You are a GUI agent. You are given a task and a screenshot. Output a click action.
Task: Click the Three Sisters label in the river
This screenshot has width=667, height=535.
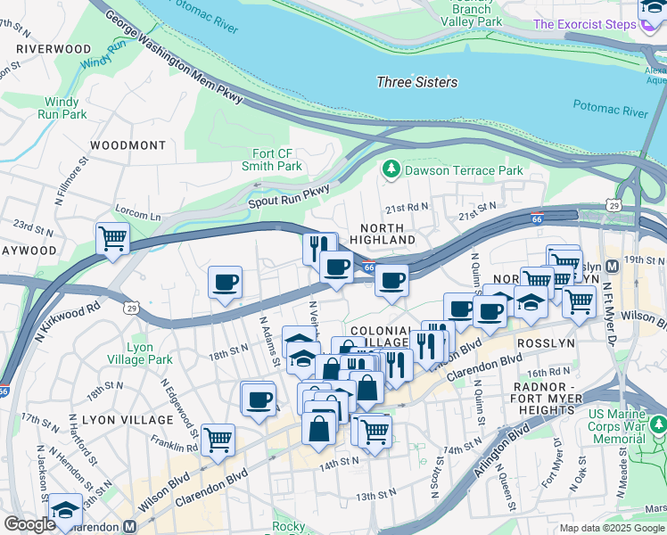click(416, 82)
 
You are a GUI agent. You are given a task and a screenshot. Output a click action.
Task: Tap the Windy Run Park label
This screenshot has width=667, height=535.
click(62, 108)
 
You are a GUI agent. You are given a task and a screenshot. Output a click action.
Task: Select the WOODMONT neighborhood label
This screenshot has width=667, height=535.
click(128, 144)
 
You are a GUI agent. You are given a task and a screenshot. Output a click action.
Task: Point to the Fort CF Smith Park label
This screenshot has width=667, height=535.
click(272, 159)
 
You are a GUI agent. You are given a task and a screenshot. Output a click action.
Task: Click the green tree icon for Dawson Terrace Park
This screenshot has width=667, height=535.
click(390, 169)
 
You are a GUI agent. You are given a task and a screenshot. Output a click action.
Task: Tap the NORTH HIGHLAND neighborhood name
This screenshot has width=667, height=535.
click(382, 235)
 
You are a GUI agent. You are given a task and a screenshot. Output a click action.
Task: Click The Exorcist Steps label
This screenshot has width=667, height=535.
click(585, 24)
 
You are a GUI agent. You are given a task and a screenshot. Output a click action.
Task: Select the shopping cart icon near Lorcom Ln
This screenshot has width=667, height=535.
click(112, 238)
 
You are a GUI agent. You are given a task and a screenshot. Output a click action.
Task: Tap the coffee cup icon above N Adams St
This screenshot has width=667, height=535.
click(225, 283)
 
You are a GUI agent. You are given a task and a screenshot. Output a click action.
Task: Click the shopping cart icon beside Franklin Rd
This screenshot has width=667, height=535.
click(218, 439)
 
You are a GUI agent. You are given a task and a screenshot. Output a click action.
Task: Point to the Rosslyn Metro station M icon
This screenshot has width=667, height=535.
click(613, 266)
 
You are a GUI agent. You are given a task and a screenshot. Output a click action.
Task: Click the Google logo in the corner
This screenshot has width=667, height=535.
click(30, 524)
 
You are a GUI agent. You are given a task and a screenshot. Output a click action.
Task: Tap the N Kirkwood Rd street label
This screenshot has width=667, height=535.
click(68, 323)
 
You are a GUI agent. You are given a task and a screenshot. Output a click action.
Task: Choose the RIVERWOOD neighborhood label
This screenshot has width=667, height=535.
click(53, 48)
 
